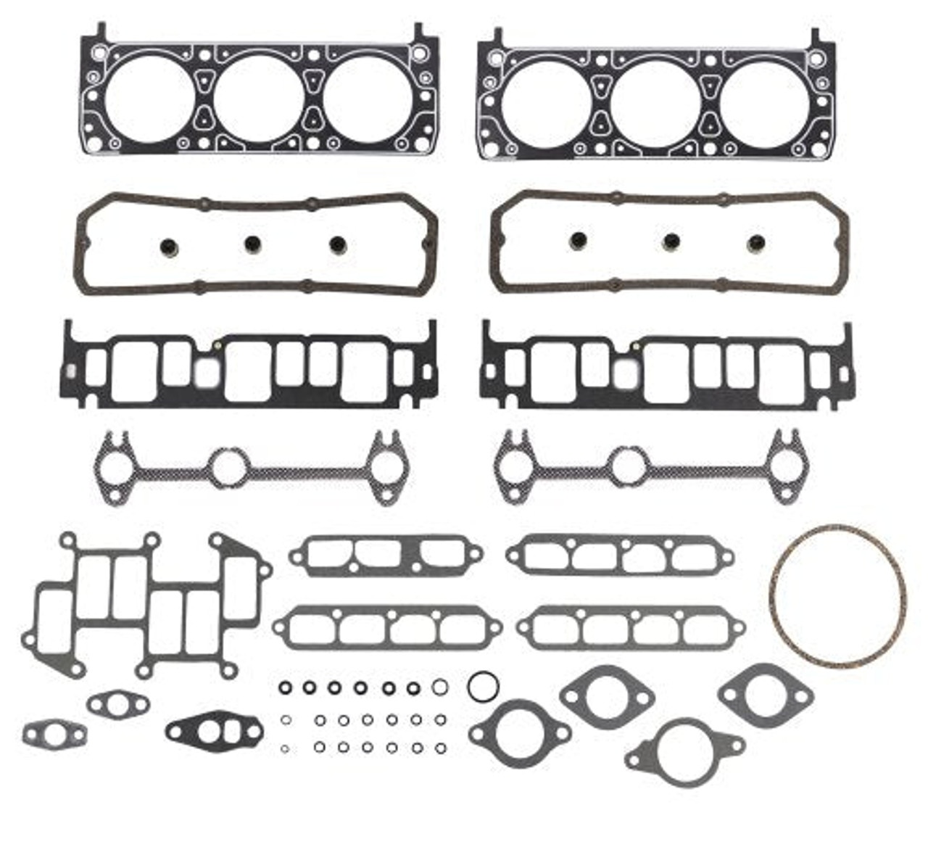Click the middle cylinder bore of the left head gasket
point(259,99)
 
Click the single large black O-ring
point(481,685)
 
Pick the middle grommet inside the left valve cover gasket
point(252,244)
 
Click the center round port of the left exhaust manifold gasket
point(229,468)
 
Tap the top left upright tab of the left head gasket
point(101,30)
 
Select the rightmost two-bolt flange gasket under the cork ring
point(765,695)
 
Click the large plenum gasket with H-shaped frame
point(145,606)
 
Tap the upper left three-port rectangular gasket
point(386,556)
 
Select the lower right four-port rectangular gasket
point(631,627)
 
